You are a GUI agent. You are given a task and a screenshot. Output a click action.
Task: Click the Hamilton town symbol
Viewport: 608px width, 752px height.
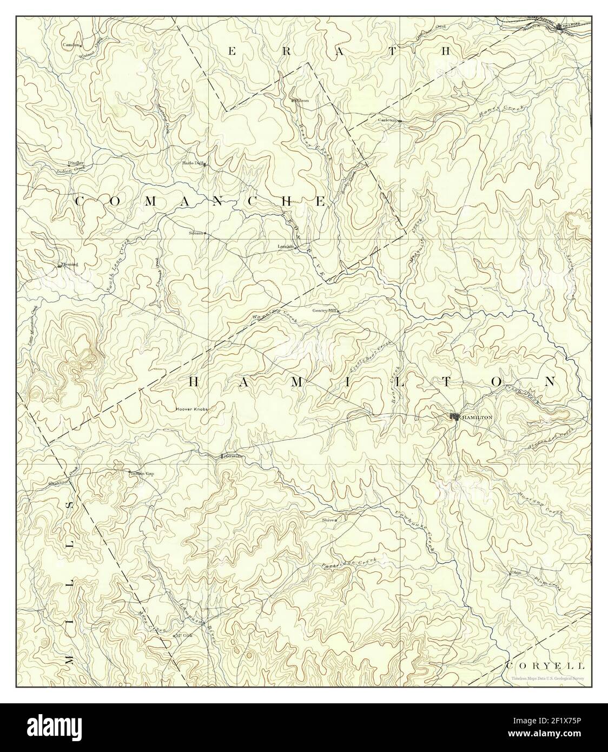point(454,417)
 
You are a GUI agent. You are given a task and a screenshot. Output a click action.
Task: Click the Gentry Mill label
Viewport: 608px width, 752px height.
point(324,311)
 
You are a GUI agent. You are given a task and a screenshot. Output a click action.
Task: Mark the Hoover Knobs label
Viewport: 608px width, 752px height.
point(191,410)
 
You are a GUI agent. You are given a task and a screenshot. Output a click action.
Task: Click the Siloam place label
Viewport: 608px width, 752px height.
point(195,233)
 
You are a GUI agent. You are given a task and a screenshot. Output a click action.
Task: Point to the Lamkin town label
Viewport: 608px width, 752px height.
point(285,247)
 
